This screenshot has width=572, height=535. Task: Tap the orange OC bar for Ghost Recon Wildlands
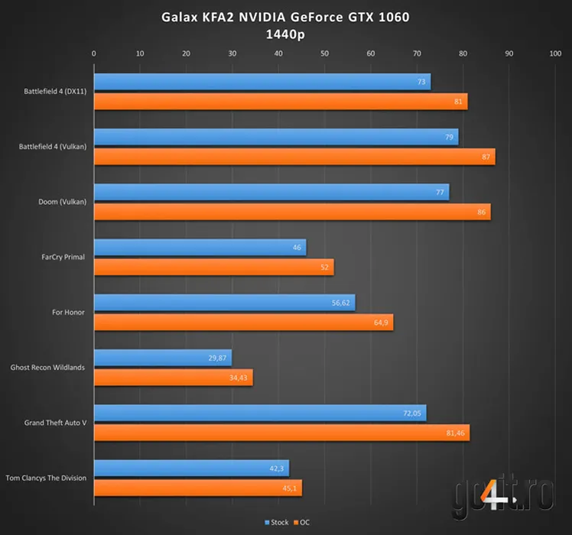point(173,378)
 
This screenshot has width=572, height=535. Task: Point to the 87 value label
point(486,157)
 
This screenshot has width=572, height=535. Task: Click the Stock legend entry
point(276,523)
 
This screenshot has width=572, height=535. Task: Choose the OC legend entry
point(301,523)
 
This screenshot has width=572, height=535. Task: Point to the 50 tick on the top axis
point(324,53)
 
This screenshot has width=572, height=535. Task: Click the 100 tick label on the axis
point(555,53)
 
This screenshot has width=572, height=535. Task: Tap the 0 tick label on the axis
point(93,53)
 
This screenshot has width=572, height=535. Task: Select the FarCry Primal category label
point(65,257)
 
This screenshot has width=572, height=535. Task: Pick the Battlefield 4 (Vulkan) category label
point(53,146)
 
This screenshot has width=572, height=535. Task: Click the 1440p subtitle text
point(285,34)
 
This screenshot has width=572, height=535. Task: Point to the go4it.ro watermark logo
point(502,497)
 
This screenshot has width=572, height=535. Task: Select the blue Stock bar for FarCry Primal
point(200,247)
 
